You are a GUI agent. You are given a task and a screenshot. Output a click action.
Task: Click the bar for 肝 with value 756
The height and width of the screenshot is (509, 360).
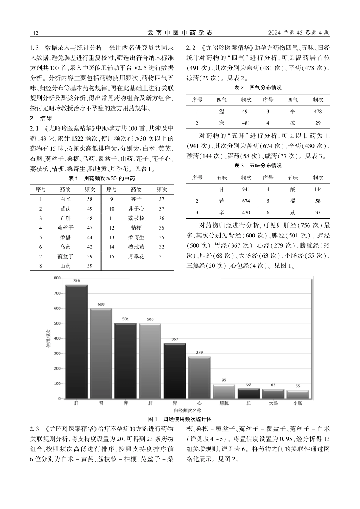77,342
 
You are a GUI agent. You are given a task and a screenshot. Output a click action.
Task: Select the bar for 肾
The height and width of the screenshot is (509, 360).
101,353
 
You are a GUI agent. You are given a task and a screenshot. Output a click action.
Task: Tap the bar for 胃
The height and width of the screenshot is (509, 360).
175,371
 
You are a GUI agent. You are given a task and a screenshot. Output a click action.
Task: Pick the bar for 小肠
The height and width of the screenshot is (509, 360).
297,394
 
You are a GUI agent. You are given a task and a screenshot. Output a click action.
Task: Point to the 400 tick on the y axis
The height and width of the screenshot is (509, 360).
57,338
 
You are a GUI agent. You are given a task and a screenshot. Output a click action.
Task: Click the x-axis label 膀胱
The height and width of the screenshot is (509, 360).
224,403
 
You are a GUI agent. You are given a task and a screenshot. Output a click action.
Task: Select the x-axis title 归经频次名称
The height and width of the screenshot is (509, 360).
187,410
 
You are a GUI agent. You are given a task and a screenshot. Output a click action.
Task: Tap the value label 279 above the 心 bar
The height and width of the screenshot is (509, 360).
199,353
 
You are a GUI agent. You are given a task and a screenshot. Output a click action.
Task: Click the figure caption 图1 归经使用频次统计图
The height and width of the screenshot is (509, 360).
180,419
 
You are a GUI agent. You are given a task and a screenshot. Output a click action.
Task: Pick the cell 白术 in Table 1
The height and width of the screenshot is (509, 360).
65,199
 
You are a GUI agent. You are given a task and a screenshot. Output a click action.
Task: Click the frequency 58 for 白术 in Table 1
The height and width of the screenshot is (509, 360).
89,199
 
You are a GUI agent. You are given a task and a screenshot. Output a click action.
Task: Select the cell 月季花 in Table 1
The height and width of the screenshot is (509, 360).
136,256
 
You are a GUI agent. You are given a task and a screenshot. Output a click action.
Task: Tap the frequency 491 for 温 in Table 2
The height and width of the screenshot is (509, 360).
246,112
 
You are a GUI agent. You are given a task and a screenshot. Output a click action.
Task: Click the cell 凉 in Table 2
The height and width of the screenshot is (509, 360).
293,123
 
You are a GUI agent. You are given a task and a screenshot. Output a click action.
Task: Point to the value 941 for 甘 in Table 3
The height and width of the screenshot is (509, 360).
246,190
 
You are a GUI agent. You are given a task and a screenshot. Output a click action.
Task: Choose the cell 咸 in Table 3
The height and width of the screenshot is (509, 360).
293,212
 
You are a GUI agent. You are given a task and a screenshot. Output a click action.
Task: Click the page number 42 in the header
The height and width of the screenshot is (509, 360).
35,33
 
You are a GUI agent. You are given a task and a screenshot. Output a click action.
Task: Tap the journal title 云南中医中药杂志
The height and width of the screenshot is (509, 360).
180,33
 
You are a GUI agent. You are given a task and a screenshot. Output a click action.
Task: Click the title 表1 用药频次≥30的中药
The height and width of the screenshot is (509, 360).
102,178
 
